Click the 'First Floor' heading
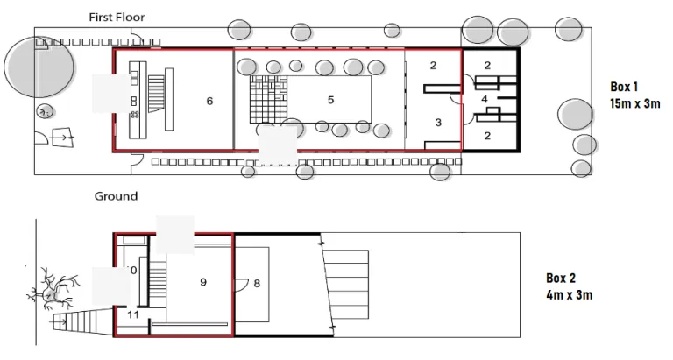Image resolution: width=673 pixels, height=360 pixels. (x=117, y=17)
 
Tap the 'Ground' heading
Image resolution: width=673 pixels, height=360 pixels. (x=116, y=196)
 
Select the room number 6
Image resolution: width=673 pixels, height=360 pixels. (x=209, y=102)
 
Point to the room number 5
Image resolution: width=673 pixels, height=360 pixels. (x=330, y=100)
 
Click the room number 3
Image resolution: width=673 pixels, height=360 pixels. (x=438, y=123)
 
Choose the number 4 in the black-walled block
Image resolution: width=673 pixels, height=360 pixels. (x=485, y=99)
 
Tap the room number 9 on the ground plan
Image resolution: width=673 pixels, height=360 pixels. (x=202, y=282)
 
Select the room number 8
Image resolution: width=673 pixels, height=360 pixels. (x=257, y=283)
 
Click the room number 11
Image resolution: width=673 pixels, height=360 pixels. (x=133, y=314)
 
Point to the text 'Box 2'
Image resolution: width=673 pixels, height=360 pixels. (x=561, y=279)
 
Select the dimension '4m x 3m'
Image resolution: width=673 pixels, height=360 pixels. (x=569, y=295)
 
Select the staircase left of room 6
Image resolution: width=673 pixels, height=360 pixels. (x=158, y=91)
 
